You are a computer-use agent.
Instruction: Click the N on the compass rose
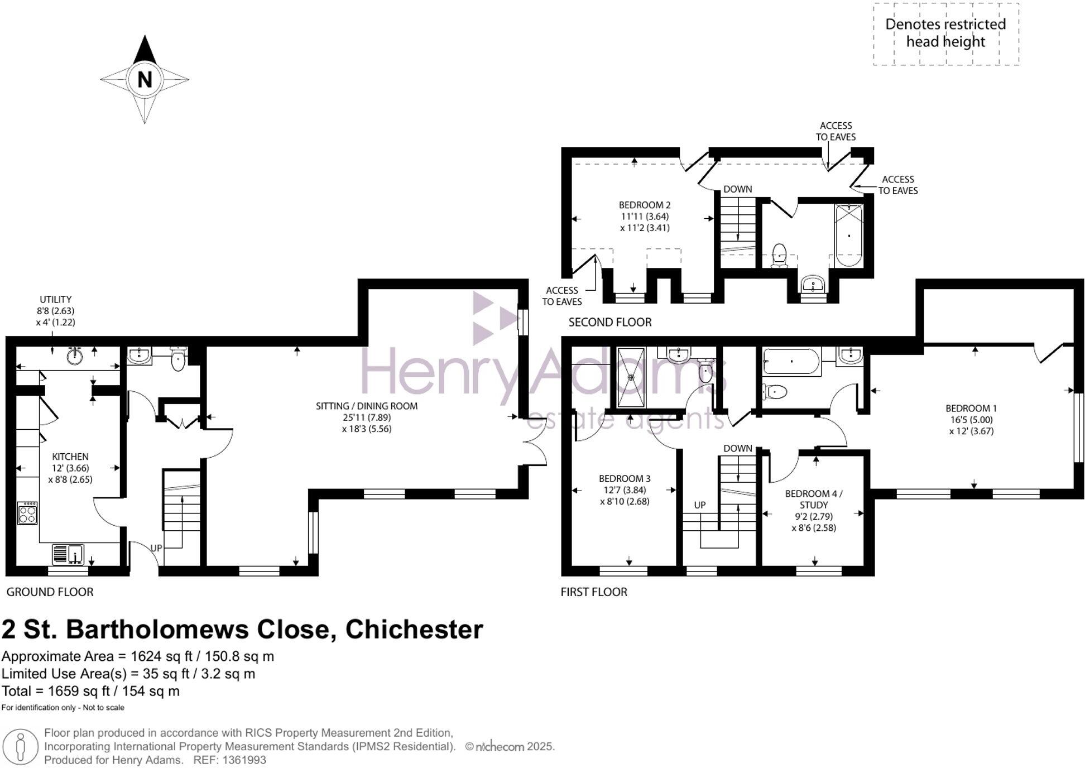pos(145,80)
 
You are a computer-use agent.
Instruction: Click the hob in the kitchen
pos(27,513)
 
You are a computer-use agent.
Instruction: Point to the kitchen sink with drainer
pos(68,554)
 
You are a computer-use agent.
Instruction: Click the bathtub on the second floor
pos(848,235)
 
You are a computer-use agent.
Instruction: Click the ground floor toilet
pos(178,359)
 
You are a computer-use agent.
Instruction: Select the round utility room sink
pos(75,356)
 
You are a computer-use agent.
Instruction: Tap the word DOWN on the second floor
pos(738,189)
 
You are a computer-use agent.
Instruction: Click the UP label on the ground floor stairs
pos(156,548)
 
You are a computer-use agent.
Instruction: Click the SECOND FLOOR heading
pos(610,322)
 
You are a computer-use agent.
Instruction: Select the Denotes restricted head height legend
pos(945,33)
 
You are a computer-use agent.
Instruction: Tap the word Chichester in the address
pos(414,630)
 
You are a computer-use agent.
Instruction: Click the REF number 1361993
pos(244,760)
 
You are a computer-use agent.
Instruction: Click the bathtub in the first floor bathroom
pos(791,361)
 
